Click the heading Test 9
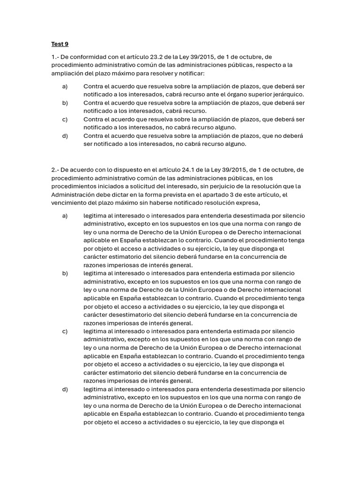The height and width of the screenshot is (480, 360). (60, 44)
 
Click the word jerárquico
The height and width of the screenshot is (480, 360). (287, 94)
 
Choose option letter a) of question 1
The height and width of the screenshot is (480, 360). (65, 86)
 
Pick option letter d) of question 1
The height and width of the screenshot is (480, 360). (65, 136)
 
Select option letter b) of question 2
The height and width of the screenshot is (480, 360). (65, 273)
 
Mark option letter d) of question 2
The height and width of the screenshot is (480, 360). (65, 389)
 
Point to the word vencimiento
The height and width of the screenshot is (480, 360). (68, 203)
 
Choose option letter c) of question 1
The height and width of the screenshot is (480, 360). (65, 119)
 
